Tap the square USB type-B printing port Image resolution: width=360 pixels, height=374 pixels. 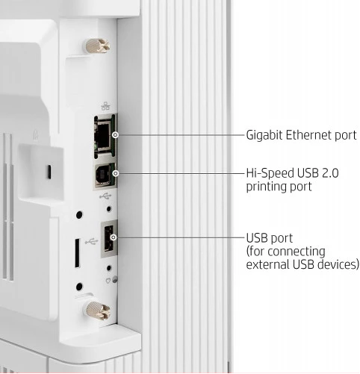pos(105,175)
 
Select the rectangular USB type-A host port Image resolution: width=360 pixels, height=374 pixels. pos(109,238)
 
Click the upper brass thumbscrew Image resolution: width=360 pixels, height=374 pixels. pos(97,46)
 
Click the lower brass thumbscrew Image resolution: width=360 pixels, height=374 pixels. pos(98,311)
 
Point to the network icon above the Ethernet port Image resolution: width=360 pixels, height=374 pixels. pos(105,106)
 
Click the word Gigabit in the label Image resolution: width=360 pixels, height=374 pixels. pos(264,136)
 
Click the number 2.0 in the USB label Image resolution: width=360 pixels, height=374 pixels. pos(330,173)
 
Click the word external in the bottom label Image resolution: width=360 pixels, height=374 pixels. pos(267,264)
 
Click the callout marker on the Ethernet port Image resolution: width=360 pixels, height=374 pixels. pos(115,135)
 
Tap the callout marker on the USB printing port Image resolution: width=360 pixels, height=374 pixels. pos(115,173)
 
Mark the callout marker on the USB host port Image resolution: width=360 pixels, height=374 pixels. pos(114,237)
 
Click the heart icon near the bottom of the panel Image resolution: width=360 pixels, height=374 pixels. pos(108,281)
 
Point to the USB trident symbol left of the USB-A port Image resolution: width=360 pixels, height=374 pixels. pos(91,241)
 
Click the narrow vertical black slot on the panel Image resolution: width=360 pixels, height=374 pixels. pos(78,253)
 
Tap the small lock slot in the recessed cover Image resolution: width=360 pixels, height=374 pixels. pos(49,172)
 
